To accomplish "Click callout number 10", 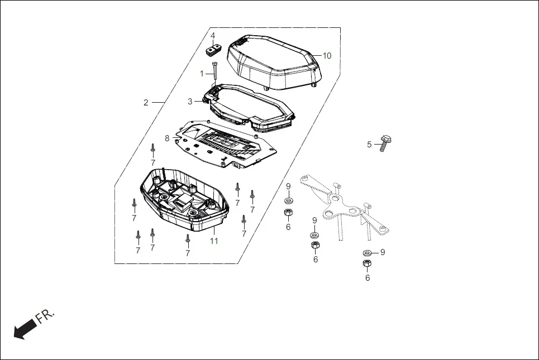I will pos(327,56).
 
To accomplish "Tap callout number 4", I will pos(213,36).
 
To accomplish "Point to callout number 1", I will pos(202,74).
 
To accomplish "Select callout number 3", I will pos(190,102).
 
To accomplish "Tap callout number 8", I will pos(166,138).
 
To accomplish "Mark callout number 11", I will pos(214,241).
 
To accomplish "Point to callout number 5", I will pos(369,145).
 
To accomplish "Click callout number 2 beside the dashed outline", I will pos(146,103).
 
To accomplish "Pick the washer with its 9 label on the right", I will pos(368,253).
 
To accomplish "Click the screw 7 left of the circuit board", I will pos(152,148).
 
